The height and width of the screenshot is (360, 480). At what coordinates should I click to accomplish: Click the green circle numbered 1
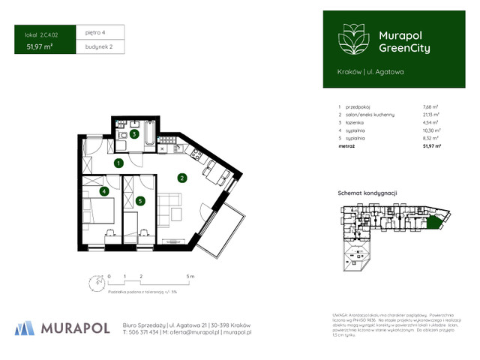(118, 163)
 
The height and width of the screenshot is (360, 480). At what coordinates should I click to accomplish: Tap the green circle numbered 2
(181, 178)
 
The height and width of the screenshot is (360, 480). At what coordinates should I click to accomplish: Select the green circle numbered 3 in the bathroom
(133, 134)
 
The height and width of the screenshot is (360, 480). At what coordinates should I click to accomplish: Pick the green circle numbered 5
(140, 200)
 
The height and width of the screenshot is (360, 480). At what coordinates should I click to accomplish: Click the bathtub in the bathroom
(149, 134)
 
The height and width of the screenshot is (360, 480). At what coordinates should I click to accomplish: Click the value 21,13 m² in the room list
(431, 115)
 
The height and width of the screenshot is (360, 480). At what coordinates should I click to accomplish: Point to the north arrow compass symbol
(94, 280)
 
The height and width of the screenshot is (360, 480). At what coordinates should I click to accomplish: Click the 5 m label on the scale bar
(191, 277)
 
